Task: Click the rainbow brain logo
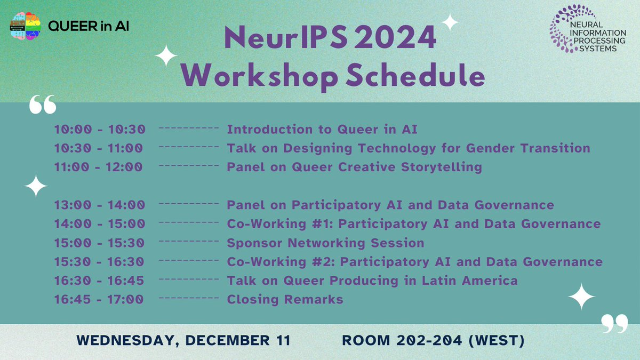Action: coord(25,26)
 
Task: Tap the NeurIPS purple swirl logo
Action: coord(562,29)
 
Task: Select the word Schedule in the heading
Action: coord(415,75)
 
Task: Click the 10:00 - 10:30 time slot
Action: coord(100,130)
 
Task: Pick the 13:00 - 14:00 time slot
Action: coord(100,205)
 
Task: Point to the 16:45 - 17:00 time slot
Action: coord(99,299)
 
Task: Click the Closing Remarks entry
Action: coord(285,299)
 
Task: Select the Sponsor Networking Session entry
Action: coord(325,243)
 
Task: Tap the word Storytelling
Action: coord(442,167)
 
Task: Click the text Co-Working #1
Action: coord(280,223)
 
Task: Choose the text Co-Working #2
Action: coord(281,262)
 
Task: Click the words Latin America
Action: coord(470,281)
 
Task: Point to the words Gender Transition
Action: coord(528,148)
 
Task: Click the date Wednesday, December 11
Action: coord(183,340)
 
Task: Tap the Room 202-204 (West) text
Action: coord(433,340)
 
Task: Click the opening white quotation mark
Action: coord(43,105)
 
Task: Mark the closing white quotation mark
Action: coord(614,324)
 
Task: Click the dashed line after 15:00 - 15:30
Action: coord(189,242)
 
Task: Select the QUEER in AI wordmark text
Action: coord(89,26)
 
